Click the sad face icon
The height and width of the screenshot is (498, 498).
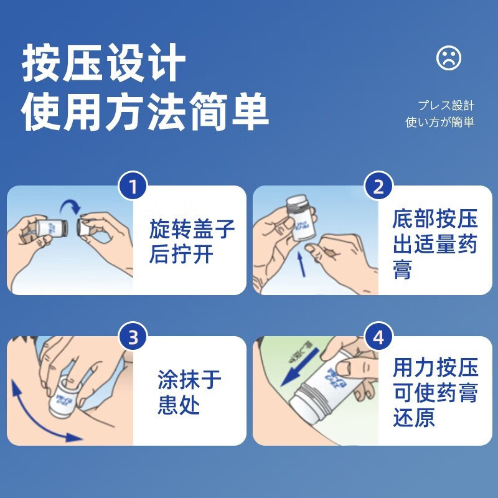(449, 59)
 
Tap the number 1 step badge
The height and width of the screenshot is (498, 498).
(133, 186)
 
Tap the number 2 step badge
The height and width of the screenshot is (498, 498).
(378, 186)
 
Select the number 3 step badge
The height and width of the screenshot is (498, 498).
(133, 337)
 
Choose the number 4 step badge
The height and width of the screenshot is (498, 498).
(378, 337)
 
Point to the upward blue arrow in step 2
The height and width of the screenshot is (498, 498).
(301, 261)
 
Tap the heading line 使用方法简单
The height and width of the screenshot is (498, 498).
(146, 112)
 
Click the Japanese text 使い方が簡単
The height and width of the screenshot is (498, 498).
(439, 122)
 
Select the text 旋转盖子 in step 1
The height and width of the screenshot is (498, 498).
(192, 229)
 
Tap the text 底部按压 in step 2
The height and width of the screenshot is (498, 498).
(435, 219)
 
